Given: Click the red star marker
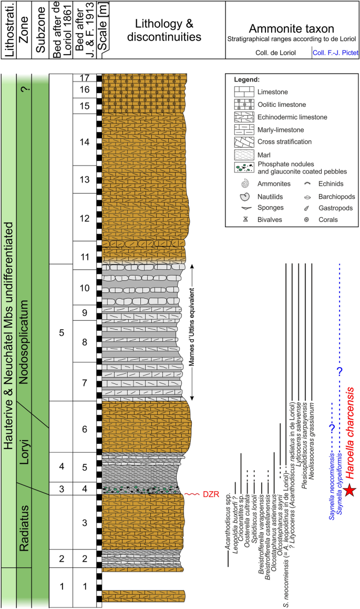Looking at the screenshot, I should pyautogui.click(x=351, y=491).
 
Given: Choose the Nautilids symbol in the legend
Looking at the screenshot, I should pyautogui.click(x=244, y=197).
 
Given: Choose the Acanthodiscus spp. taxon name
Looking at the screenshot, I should pyautogui.click(x=228, y=523).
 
